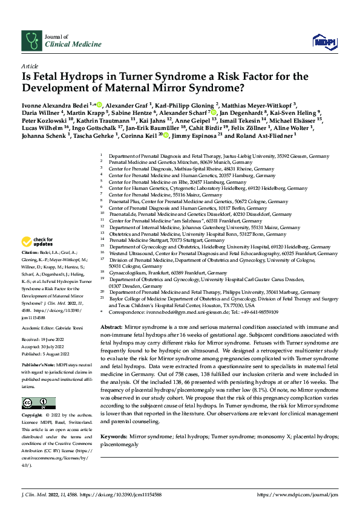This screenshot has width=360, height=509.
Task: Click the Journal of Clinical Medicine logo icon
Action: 31,41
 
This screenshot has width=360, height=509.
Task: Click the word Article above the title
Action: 29,65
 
